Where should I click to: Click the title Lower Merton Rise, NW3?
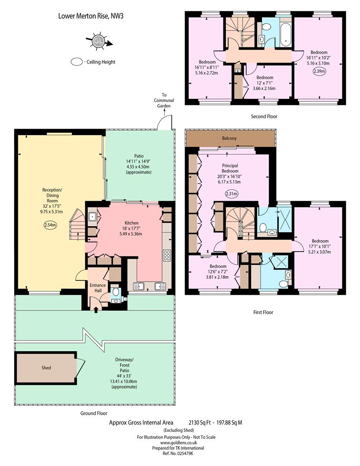coord(91,16)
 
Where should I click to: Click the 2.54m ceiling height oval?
coord(50,225)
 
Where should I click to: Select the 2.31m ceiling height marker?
coord(232,194)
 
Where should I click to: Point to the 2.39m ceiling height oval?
coord(319,71)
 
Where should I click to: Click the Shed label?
coord(46,368)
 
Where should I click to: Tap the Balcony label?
coord(229,138)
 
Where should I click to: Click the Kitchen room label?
coord(131,223)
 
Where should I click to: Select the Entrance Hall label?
coord(98,288)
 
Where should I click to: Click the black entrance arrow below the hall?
coord(96,310)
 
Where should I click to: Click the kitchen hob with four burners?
coord(167,255)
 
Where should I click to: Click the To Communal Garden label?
coord(164,101)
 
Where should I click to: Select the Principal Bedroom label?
coord(230,168)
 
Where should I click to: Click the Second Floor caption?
coord(264,116)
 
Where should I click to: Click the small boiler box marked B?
coord(238,71)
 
